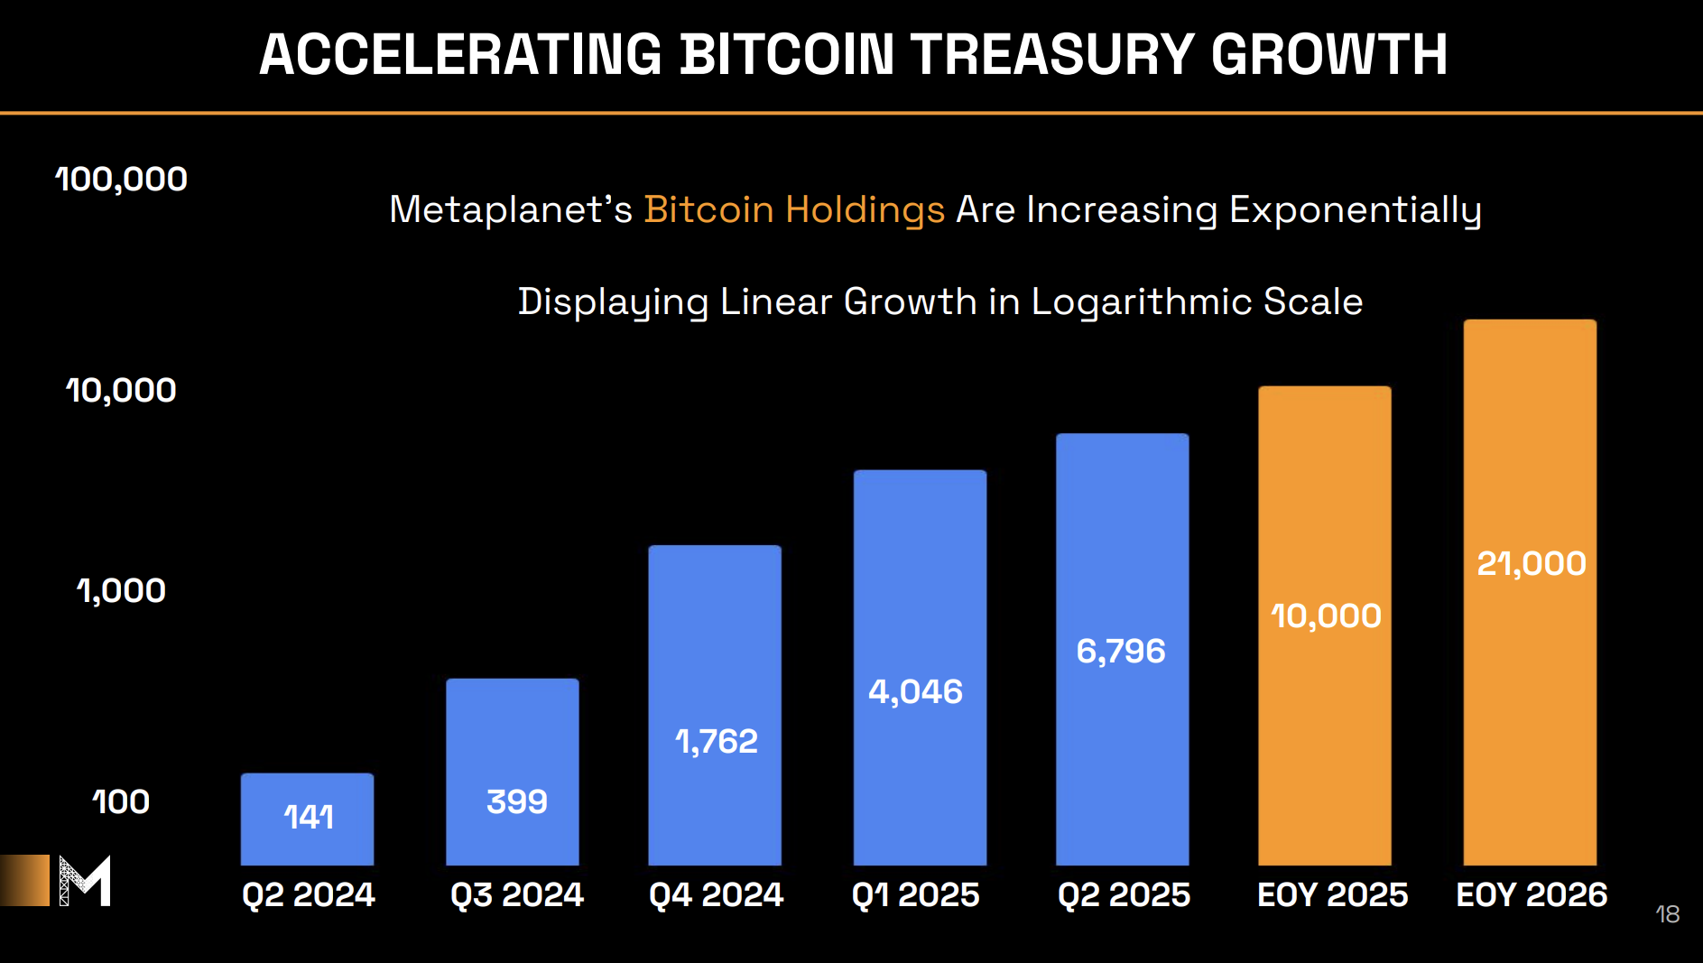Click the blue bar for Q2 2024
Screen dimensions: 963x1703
point(307,819)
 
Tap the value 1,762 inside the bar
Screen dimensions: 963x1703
point(717,742)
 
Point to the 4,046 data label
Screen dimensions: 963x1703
point(915,692)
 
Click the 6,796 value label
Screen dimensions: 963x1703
point(1121,651)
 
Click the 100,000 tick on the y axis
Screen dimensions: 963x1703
point(121,180)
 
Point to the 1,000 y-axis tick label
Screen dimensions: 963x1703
point(121,591)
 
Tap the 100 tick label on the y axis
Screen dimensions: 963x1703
point(121,801)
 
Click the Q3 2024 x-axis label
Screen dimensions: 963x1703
point(516,894)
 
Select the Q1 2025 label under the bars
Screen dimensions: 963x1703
point(915,894)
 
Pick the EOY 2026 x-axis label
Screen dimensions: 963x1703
point(1531,894)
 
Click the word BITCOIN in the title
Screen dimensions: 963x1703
point(786,54)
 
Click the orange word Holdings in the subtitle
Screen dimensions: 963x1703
point(864,209)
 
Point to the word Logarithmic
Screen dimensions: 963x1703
point(1141,301)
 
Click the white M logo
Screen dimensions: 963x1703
point(85,880)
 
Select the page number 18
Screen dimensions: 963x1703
point(1667,914)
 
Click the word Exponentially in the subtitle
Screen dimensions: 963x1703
point(1355,209)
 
